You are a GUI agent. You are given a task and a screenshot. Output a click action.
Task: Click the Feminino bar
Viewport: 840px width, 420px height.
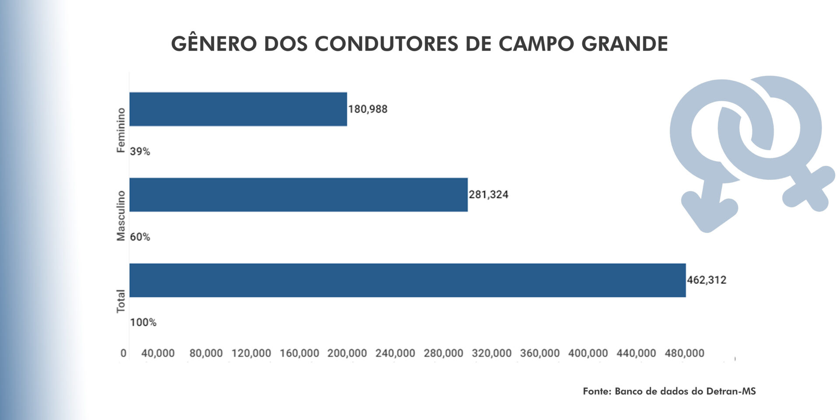pyautogui.click(x=238, y=109)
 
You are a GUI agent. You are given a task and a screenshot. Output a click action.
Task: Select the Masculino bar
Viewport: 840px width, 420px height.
pyautogui.click(x=298, y=195)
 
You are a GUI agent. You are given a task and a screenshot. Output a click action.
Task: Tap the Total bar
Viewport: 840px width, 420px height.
pyautogui.click(x=407, y=280)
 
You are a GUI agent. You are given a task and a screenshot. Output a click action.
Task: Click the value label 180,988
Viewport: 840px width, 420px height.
pyautogui.click(x=367, y=109)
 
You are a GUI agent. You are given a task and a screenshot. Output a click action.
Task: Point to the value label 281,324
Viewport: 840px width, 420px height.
pyautogui.click(x=488, y=195)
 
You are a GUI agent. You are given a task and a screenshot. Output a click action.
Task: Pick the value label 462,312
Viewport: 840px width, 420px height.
pyautogui.click(x=706, y=280)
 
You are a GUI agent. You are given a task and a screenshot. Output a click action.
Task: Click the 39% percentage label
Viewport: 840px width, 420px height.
pyautogui.click(x=140, y=151)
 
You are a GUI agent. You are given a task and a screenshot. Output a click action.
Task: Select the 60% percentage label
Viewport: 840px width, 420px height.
pyautogui.click(x=140, y=237)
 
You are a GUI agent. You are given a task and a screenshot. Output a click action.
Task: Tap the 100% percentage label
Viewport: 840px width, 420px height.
pyautogui.click(x=143, y=322)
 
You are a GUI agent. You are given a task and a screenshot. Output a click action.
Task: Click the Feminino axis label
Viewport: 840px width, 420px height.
pyautogui.click(x=121, y=130)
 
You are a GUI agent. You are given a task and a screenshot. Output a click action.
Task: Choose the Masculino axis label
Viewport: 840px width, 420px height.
pyautogui.click(x=121, y=216)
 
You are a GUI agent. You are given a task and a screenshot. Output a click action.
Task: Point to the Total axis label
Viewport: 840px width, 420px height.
pyautogui.click(x=121, y=301)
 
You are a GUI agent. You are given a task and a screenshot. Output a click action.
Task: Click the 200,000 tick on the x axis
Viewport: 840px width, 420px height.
pyautogui.click(x=347, y=353)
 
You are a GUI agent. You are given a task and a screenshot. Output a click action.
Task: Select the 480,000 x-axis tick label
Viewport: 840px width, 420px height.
pyautogui.click(x=684, y=353)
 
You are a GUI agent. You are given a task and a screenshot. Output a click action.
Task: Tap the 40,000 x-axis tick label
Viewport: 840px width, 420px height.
pyautogui.click(x=157, y=353)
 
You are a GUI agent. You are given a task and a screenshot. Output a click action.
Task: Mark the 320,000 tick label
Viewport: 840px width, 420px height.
pyautogui.click(x=491, y=353)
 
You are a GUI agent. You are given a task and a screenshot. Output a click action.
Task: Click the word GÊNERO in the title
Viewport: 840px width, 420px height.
pyautogui.click(x=213, y=43)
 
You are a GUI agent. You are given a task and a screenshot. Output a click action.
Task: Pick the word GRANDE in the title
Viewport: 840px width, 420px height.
pyautogui.click(x=624, y=43)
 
